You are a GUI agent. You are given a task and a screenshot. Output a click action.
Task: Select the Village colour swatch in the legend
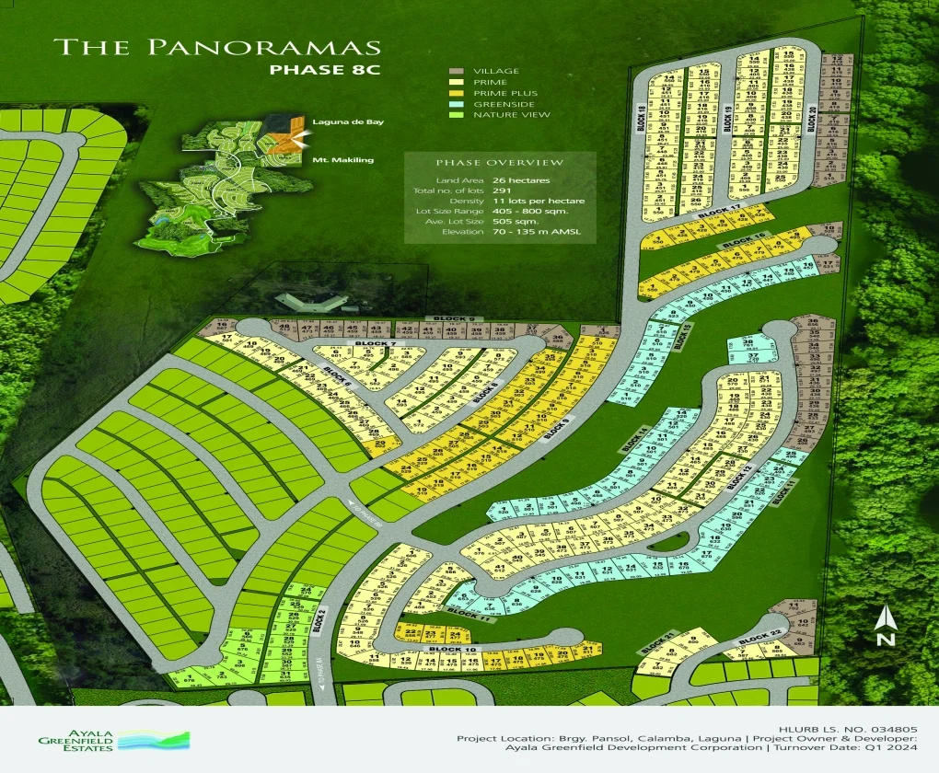tap(457, 72)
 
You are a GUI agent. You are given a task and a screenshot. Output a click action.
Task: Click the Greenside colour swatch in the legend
tap(457, 104)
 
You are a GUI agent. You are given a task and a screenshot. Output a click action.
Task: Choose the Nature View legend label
tap(512, 115)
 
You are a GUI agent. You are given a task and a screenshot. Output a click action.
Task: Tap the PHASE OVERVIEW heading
tap(500, 163)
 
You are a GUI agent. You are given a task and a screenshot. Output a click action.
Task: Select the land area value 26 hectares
tap(520, 179)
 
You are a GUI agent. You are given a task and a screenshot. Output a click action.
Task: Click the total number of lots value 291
tap(502, 190)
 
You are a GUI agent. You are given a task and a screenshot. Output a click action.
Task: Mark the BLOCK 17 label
tap(719, 213)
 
